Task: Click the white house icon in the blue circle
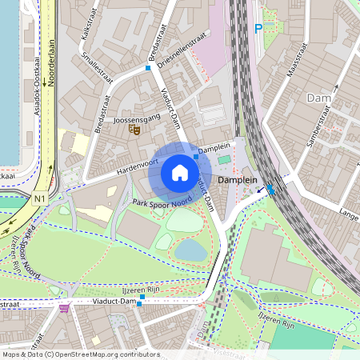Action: point(180,173)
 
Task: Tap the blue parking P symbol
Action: point(258,29)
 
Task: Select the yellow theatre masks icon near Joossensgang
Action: point(135,128)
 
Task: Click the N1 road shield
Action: point(39,198)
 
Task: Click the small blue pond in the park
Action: point(190,250)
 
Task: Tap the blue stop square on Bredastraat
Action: point(148,69)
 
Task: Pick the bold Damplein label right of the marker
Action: point(238,180)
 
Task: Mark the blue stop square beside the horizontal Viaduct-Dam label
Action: point(141,298)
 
